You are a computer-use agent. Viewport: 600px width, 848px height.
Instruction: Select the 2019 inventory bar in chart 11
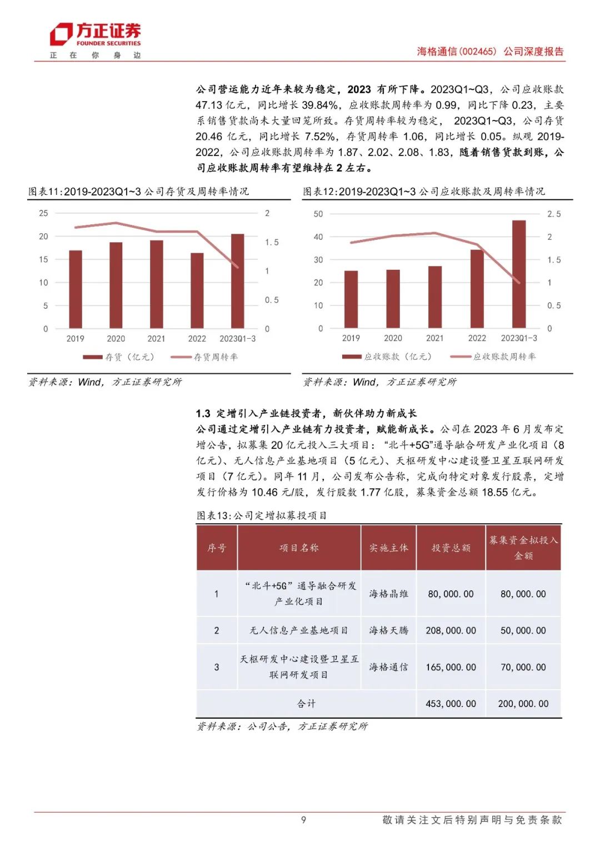[76, 289]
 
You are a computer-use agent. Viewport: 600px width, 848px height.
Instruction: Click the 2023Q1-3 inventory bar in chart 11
[237, 280]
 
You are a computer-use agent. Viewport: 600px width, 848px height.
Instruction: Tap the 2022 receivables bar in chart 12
[477, 289]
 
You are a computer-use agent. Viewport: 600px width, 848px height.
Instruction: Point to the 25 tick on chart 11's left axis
[43, 213]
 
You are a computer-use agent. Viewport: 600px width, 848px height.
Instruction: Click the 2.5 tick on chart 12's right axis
[554, 214]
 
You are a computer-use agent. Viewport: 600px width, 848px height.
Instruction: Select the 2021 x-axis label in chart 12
[434, 338]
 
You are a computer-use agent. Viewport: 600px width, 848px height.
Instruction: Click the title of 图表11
[139, 192]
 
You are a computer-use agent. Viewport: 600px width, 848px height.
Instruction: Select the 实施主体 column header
[389, 548]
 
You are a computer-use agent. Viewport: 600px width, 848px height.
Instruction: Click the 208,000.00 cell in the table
[451, 630]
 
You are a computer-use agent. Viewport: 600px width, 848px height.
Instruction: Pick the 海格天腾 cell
[389, 630]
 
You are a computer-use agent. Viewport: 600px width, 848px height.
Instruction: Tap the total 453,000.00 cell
[451, 704]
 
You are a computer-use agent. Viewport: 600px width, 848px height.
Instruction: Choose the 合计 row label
[306, 704]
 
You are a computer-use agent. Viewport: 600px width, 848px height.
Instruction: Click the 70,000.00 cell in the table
[523, 667]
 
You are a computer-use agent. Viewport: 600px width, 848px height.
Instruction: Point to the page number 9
[303, 820]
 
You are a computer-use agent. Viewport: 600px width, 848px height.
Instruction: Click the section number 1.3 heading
[203, 413]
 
